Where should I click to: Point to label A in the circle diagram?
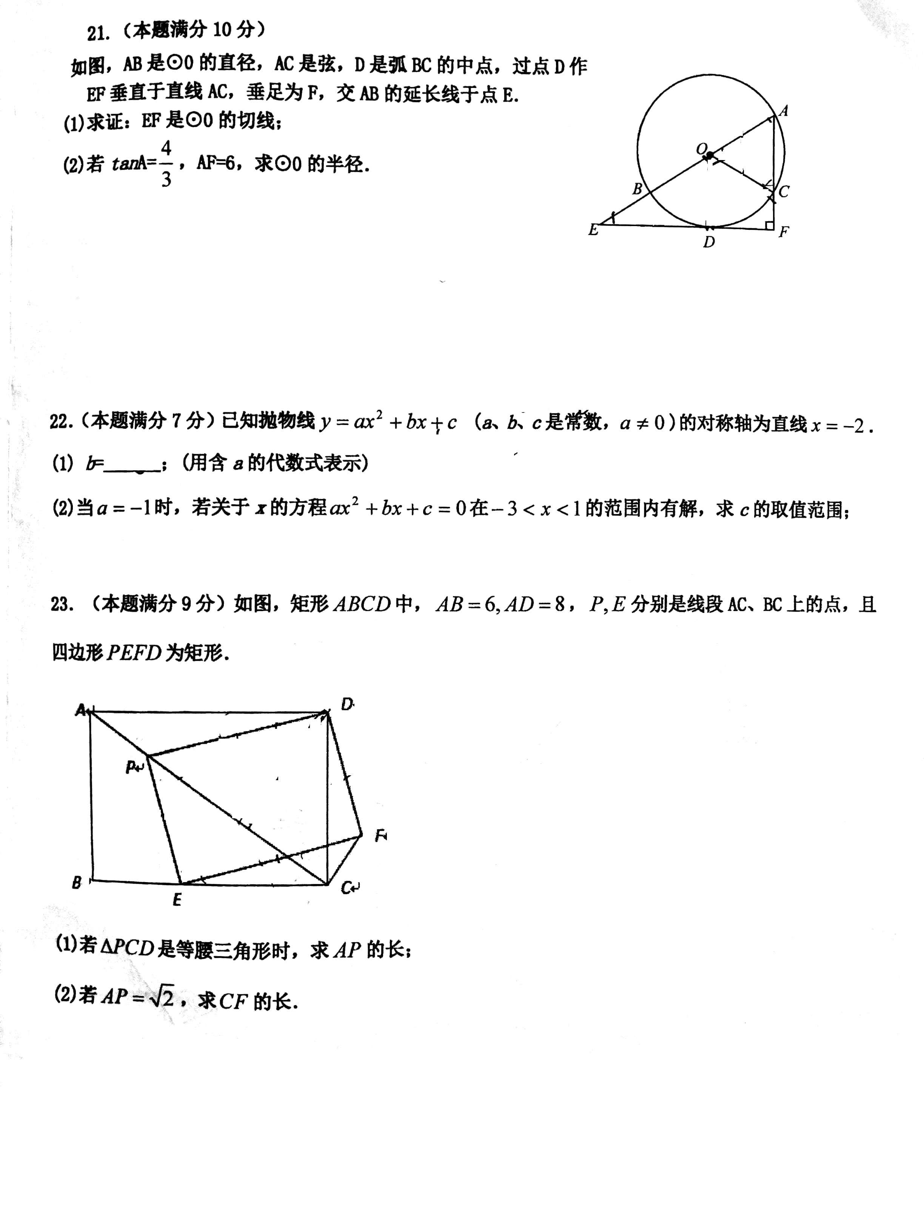coord(783,111)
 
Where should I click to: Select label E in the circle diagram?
coord(593,230)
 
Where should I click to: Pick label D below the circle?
coord(708,242)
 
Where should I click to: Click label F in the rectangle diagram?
coord(380,835)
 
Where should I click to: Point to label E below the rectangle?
coord(177,900)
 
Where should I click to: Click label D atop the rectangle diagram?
coord(346,705)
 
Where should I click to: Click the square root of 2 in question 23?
coord(162,996)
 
